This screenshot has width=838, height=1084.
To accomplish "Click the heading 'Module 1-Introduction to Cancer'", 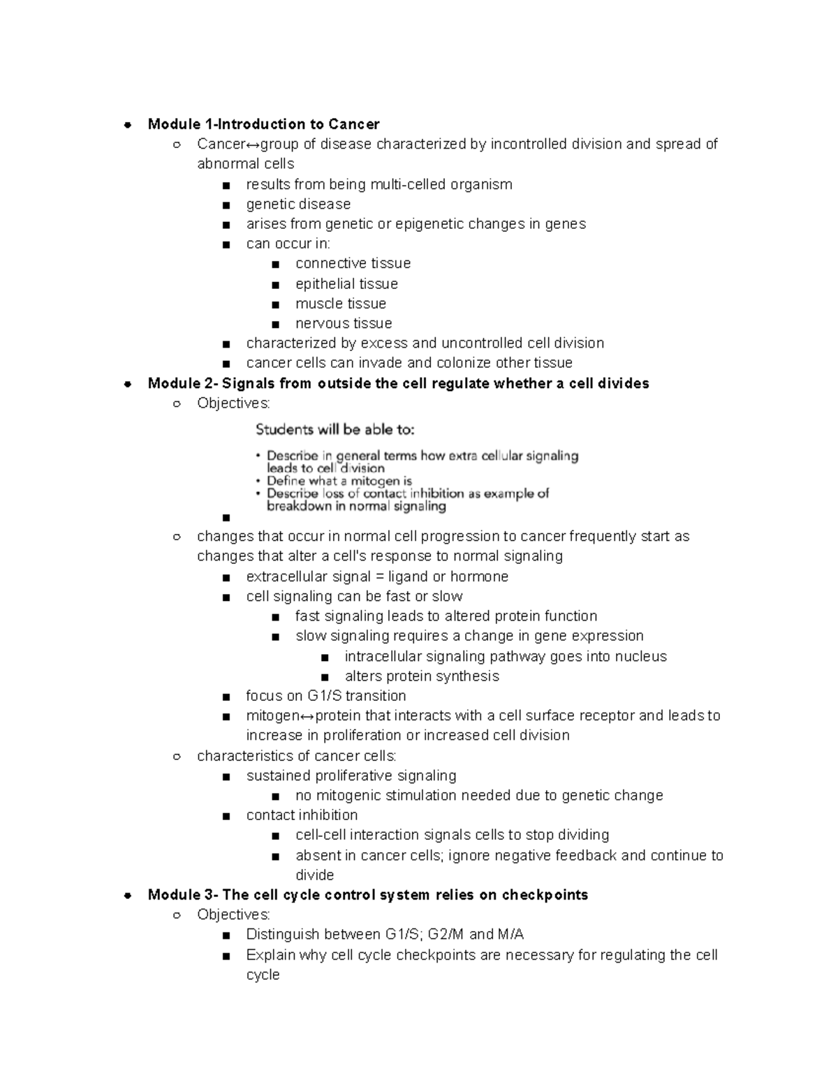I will point(263,124).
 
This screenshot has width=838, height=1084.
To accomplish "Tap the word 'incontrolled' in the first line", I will point(529,144).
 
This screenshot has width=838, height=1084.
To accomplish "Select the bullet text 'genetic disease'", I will point(298,204).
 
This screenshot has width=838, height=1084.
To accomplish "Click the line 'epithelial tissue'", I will point(346,283).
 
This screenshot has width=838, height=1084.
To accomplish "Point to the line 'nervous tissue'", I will point(344,323).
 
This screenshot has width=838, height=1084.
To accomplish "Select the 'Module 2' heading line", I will point(398,383).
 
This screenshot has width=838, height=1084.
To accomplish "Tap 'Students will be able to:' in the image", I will point(335,429).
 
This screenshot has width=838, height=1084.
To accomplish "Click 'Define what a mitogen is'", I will point(339,481).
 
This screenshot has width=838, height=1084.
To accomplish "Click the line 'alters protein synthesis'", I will point(422,676).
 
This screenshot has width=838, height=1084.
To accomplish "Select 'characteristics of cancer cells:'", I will point(297,756).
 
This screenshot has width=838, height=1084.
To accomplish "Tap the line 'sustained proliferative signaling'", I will point(351,775).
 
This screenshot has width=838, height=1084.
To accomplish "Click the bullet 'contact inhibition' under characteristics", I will point(302,815).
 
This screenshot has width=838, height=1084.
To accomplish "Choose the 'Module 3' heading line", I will point(367,895).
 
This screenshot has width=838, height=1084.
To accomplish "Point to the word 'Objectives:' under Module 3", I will point(233,914).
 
